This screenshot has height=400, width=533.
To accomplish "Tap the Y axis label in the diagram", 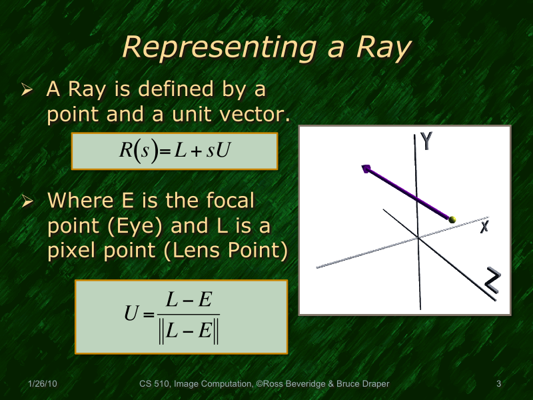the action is tap(428, 141).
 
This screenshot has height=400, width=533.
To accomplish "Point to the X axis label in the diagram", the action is tap(484, 227).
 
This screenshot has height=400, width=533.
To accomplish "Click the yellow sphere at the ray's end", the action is tap(453, 219).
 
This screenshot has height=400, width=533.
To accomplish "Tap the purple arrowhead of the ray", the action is tap(366, 169).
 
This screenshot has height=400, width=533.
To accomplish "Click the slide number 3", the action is tap(498, 383).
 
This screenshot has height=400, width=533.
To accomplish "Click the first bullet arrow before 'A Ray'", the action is tap(27, 89).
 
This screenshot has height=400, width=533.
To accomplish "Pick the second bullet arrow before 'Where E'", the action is tap(27, 201).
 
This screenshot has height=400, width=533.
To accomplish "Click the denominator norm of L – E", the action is tap(190, 331).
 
